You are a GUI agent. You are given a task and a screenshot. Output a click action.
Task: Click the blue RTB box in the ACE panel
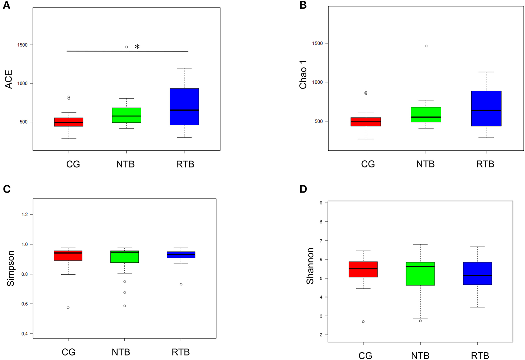184,107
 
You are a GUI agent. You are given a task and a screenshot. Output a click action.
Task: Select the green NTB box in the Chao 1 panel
426,115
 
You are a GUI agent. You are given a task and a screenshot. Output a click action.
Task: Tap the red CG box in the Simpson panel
68,256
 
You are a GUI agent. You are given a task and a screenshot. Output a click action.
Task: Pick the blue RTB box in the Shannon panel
477,273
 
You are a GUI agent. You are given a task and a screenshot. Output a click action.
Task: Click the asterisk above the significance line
137,47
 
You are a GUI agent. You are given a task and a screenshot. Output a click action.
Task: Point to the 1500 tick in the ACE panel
23,45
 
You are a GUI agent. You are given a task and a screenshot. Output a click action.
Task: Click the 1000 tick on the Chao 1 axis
317,82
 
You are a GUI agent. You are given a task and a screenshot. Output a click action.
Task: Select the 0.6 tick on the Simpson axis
24,304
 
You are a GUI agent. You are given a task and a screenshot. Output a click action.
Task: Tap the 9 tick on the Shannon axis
321,203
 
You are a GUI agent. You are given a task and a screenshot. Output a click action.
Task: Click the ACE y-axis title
9,79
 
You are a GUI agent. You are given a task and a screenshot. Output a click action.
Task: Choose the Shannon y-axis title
310,266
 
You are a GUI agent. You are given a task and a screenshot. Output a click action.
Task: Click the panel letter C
7,189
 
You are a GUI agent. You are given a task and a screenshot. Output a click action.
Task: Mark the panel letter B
303,5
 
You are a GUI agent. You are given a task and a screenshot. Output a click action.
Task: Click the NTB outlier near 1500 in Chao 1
426,46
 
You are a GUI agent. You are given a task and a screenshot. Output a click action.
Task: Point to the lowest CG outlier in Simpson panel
68,308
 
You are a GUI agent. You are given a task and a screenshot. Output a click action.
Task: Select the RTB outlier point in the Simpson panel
181,284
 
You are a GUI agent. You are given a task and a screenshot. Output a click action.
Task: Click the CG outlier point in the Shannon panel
363,322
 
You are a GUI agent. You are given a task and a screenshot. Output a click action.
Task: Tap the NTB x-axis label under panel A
126,164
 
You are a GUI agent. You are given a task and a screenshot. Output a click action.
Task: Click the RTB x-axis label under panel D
480,355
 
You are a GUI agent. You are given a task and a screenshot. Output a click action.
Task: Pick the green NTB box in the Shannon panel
420,274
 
